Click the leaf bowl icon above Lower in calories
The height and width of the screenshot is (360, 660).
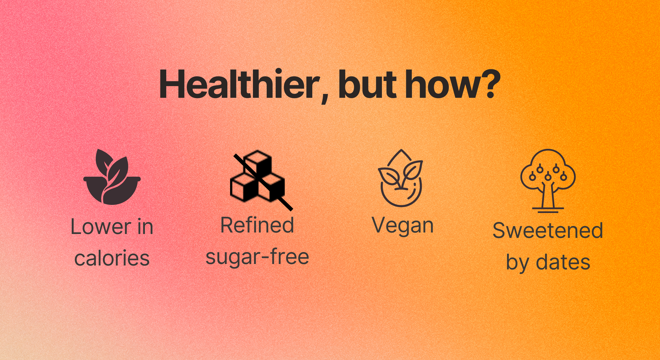112,177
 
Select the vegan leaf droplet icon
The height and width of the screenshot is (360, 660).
400,178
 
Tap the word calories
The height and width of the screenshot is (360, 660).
112,258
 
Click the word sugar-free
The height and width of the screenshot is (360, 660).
257,257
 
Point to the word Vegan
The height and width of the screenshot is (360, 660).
403,226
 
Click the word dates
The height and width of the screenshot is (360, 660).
563,262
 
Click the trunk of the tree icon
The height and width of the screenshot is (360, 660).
548,195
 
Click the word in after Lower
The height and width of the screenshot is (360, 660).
145,227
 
